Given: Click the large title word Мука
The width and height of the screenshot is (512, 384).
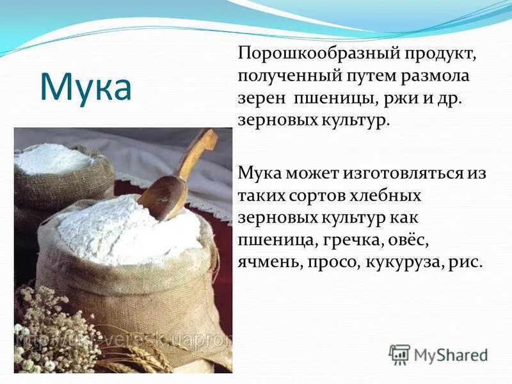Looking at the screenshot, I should (86, 87).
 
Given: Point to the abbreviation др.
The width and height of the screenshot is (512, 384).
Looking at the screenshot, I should (452, 99).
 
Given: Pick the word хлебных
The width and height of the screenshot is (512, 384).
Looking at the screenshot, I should (391, 195).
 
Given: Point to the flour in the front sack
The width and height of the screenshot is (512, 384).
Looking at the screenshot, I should (128, 227).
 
